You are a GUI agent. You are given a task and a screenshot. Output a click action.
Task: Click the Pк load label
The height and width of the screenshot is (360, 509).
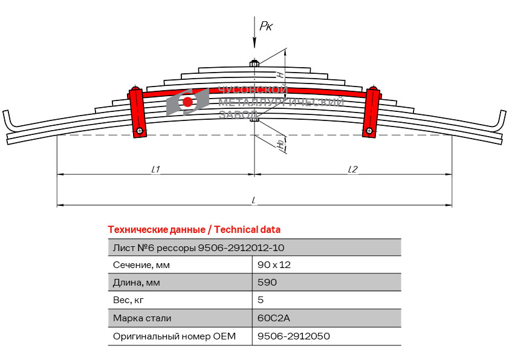(266, 26)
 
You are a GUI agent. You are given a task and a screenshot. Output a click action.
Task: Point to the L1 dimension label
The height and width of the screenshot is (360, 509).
(156, 169)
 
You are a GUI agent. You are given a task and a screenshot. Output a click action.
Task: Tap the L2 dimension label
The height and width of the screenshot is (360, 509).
(352, 169)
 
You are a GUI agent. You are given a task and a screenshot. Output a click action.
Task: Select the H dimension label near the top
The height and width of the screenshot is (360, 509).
(280, 74)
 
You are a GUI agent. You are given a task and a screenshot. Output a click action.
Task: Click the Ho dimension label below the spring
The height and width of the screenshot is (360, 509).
(280, 143)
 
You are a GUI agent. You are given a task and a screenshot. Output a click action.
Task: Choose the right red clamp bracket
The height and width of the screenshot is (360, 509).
(371, 112)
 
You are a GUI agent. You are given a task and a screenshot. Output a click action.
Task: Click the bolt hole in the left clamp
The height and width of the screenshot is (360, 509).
(140, 131)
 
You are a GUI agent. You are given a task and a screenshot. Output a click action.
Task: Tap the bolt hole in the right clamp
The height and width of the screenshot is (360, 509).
(369, 131)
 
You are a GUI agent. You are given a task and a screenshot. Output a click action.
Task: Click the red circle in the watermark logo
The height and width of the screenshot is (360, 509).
(187, 102)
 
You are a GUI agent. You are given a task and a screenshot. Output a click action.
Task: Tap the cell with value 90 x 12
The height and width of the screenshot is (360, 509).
(274, 265)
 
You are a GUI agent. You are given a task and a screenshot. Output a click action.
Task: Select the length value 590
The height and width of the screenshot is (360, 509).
(267, 282)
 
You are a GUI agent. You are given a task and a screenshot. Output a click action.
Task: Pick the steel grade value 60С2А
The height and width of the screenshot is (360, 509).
(274, 318)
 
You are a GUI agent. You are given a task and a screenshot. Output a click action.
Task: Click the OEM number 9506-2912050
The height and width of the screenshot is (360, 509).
(294, 336)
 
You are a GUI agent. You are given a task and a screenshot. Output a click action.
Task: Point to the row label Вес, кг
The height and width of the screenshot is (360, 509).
(128, 300)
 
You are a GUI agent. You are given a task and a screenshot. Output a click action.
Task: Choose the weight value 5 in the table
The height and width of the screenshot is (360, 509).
(261, 300)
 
